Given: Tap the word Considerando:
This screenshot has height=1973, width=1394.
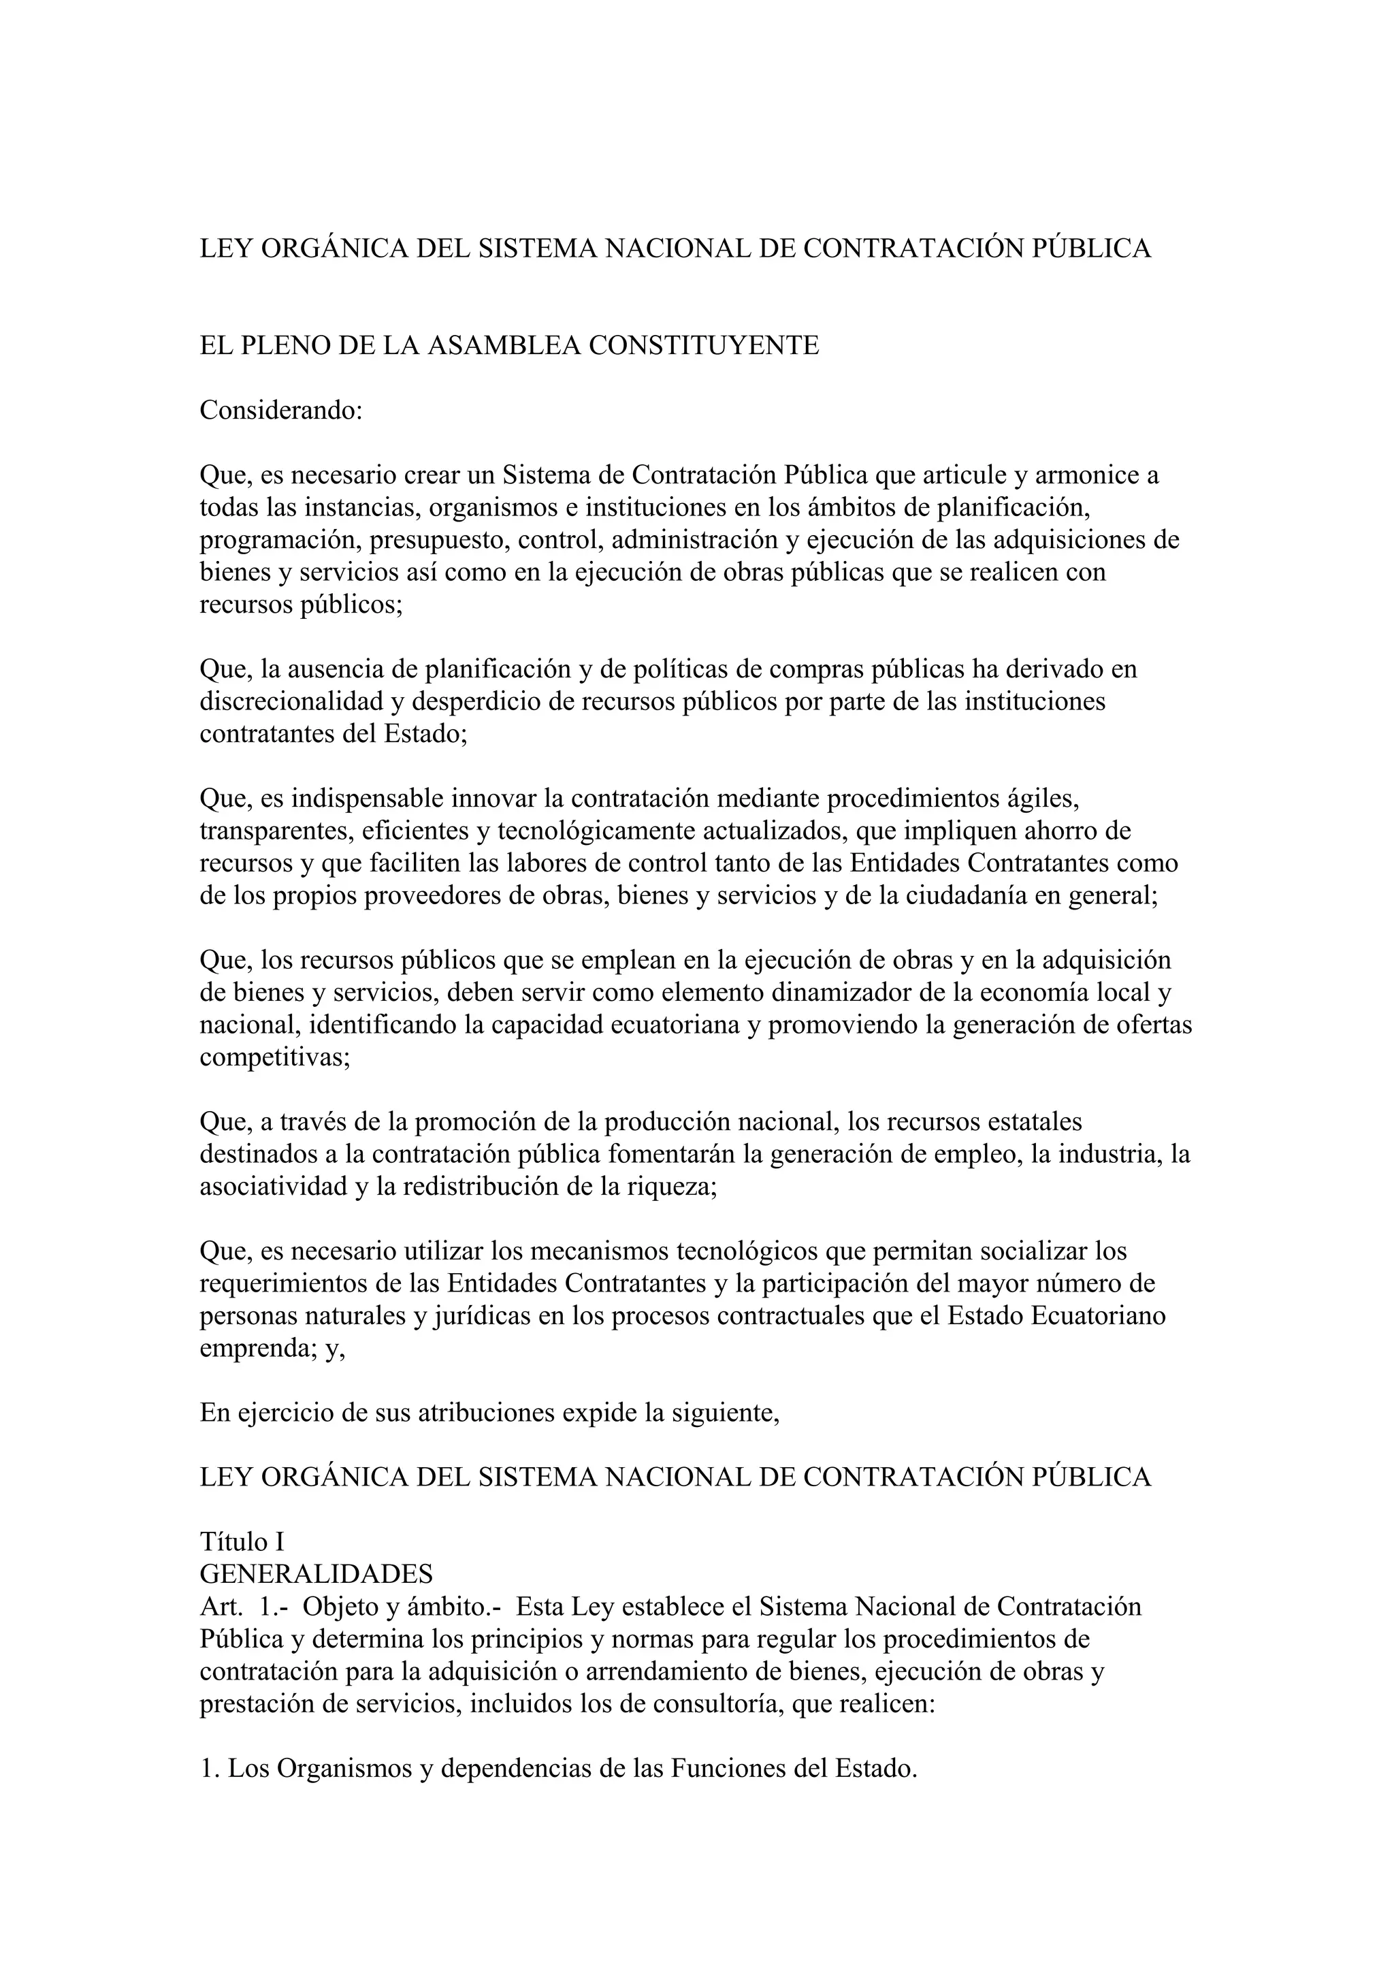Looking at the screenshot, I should click(282, 410).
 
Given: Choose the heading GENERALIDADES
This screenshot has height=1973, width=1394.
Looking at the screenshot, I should click(316, 1574).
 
